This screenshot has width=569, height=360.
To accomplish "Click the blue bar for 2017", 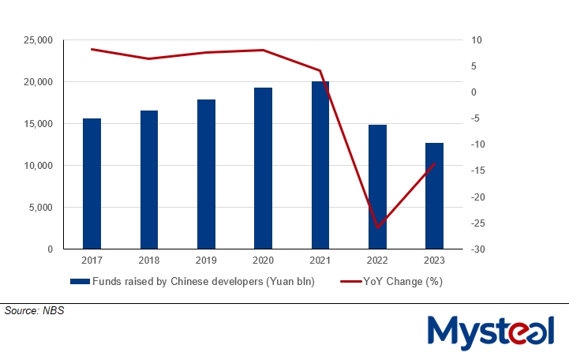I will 92,184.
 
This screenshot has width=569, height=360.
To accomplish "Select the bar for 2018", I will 149,180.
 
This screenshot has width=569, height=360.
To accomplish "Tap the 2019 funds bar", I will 206,174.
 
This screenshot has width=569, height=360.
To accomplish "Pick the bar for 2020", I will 263,168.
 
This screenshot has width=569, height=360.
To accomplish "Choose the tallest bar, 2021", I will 320,165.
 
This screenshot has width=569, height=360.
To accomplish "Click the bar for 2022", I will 377,187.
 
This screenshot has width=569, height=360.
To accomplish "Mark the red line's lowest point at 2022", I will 377,227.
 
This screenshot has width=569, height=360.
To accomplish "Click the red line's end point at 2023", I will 435,163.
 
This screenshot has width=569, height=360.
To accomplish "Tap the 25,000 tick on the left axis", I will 36,40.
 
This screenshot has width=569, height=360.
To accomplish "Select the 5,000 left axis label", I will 39,208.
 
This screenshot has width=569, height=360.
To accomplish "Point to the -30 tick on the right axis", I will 470,249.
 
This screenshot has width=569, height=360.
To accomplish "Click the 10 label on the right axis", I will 467,40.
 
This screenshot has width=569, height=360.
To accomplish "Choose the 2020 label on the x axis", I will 263,261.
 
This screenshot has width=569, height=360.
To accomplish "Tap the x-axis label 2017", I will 92,261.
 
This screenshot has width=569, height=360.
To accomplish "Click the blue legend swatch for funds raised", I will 80,281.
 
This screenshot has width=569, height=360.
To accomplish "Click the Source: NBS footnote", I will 34,311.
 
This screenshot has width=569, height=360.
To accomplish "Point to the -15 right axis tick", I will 470,171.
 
